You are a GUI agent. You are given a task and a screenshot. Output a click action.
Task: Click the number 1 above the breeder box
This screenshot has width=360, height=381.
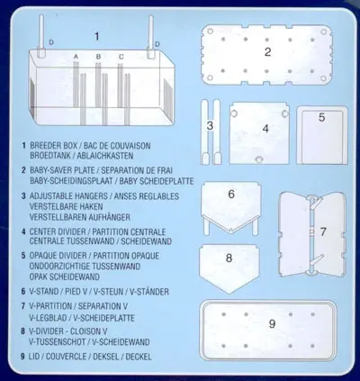[96, 36]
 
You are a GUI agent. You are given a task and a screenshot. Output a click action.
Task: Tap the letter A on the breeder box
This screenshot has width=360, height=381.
[76, 57]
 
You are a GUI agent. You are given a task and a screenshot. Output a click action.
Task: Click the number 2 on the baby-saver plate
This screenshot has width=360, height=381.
[267, 52]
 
